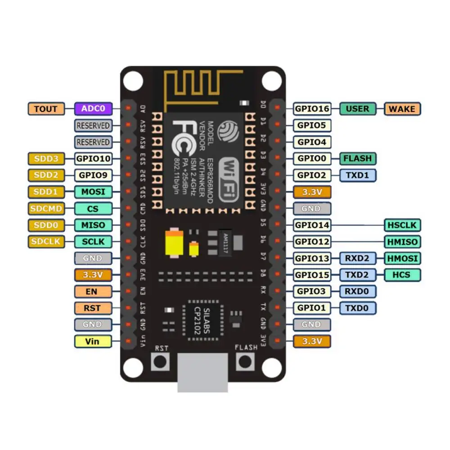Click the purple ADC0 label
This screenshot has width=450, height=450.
tap(93, 108)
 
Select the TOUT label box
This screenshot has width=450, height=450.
tap(46, 108)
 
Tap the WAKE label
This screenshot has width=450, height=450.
tap(402, 108)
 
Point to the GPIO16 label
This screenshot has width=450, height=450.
tap(312, 108)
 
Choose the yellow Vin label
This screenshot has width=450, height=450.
tap(93, 341)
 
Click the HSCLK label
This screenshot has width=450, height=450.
tap(402, 225)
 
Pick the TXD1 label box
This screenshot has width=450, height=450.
tap(357, 175)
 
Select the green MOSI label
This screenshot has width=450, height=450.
tap(93, 192)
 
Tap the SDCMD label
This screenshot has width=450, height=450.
tap(46, 208)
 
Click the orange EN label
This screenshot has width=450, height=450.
tap(93, 292)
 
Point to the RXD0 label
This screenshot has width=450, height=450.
tap(357, 292)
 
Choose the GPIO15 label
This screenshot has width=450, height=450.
tap(312, 274)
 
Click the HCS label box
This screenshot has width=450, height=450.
tap(402, 274)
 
